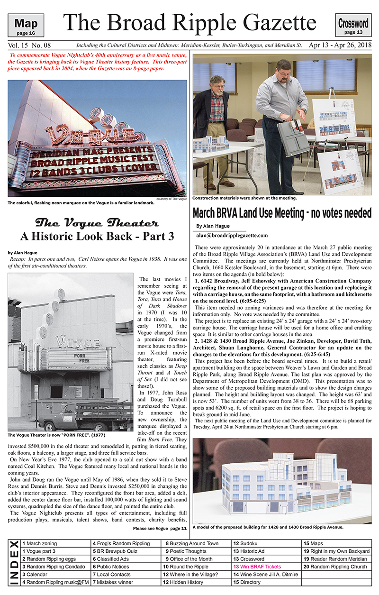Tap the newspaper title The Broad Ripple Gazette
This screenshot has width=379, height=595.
(x=189, y=22)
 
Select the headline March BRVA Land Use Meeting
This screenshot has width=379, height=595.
(x=282, y=213)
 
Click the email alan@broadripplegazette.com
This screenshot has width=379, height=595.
(x=232, y=235)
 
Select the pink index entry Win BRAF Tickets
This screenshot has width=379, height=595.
(x=257, y=567)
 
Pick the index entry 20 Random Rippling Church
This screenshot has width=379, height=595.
(x=335, y=567)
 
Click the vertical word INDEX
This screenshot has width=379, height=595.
(x=14, y=563)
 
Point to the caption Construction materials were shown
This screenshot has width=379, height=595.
(x=244, y=198)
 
